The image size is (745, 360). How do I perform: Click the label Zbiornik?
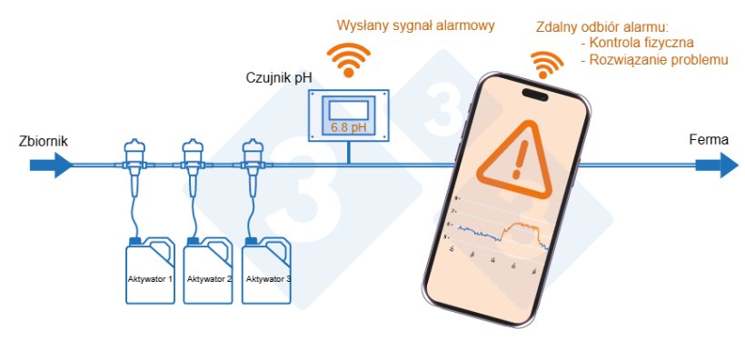[43, 142]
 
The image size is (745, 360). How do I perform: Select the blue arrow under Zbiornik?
[51, 165]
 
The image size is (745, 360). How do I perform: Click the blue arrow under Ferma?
[717, 165]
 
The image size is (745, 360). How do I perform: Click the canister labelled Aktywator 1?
[150, 270]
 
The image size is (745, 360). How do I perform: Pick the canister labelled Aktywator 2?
[209, 270]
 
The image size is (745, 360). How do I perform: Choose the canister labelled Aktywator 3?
[268, 270]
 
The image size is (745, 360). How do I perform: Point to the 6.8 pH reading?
[349, 126]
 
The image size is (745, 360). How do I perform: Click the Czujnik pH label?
[279, 78]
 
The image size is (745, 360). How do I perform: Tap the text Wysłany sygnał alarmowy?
[415, 25]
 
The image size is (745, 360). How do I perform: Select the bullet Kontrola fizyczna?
[636, 43]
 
